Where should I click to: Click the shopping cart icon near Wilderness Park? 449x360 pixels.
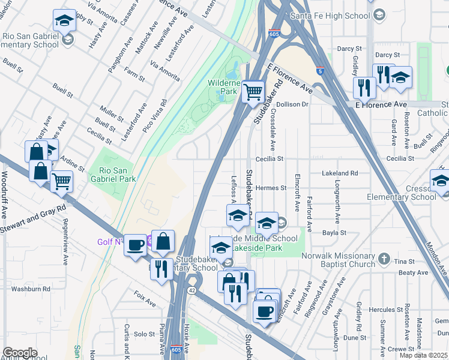(254, 92)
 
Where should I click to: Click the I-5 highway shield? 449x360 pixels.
(321, 71)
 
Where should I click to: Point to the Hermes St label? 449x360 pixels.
(271, 188)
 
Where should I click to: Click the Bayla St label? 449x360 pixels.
(335, 232)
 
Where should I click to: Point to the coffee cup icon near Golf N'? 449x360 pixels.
(136, 245)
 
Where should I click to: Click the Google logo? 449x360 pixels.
(20, 353)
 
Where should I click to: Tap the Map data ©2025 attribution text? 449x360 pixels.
(423, 355)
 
